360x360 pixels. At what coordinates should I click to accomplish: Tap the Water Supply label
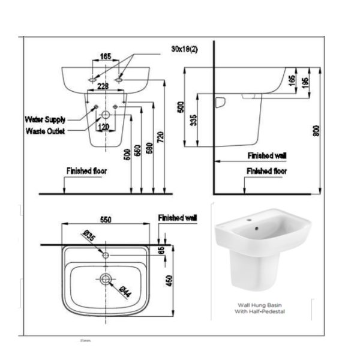point(46,119)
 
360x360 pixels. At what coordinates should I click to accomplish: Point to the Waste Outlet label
point(46,130)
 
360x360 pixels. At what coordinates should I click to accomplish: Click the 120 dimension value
point(104,127)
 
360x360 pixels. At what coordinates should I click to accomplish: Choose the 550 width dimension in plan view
point(106,220)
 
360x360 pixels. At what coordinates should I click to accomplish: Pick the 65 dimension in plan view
point(161,251)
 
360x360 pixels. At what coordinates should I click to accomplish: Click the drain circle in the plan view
point(106,278)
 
